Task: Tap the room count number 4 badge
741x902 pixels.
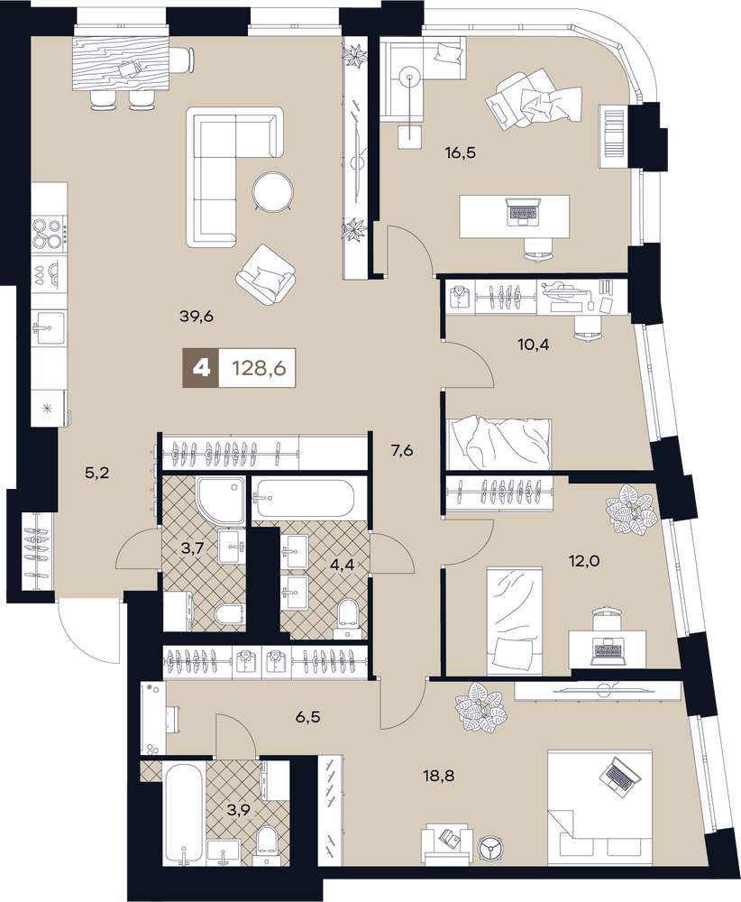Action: [x=201, y=367]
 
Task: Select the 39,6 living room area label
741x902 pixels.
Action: [x=197, y=316]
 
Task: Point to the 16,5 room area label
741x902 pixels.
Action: [x=461, y=153]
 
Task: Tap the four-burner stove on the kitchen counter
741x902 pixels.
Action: [x=49, y=233]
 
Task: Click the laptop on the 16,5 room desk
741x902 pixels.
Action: [x=523, y=212]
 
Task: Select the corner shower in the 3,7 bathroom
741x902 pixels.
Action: [x=222, y=501]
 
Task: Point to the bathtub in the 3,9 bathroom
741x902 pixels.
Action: [x=182, y=812]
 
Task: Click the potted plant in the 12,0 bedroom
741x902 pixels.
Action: [x=631, y=510]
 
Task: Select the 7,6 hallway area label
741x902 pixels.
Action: [x=402, y=450]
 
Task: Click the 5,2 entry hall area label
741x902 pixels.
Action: [x=96, y=474]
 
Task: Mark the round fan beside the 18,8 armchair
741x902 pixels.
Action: [x=490, y=833]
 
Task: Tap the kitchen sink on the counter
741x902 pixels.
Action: [x=49, y=328]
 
